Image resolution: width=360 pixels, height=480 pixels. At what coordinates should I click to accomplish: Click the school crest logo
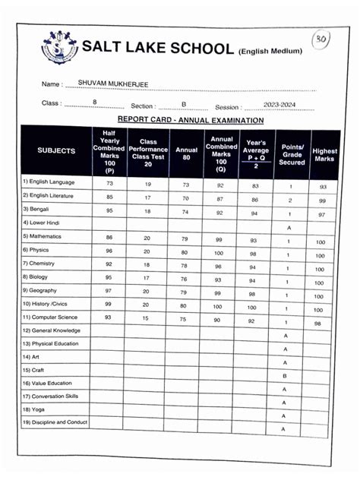click(59, 49)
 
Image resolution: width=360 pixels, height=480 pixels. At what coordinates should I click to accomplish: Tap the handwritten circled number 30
click(321, 40)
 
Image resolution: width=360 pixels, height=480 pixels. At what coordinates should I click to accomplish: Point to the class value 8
click(94, 101)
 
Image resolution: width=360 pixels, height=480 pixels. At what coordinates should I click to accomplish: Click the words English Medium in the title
click(271, 51)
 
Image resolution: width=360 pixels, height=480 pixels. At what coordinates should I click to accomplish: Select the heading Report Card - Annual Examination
click(191, 120)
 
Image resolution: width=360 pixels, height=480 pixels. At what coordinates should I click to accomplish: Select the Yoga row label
click(35, 409)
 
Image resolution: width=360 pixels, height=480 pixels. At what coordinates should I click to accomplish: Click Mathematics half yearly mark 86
click(109, 238)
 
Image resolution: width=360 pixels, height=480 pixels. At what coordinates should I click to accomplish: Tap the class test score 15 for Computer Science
click(147, 318)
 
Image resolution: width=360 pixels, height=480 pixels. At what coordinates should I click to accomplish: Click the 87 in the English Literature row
click(219, 198)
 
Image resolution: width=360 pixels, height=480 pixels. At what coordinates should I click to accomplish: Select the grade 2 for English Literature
click(289, 201)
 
